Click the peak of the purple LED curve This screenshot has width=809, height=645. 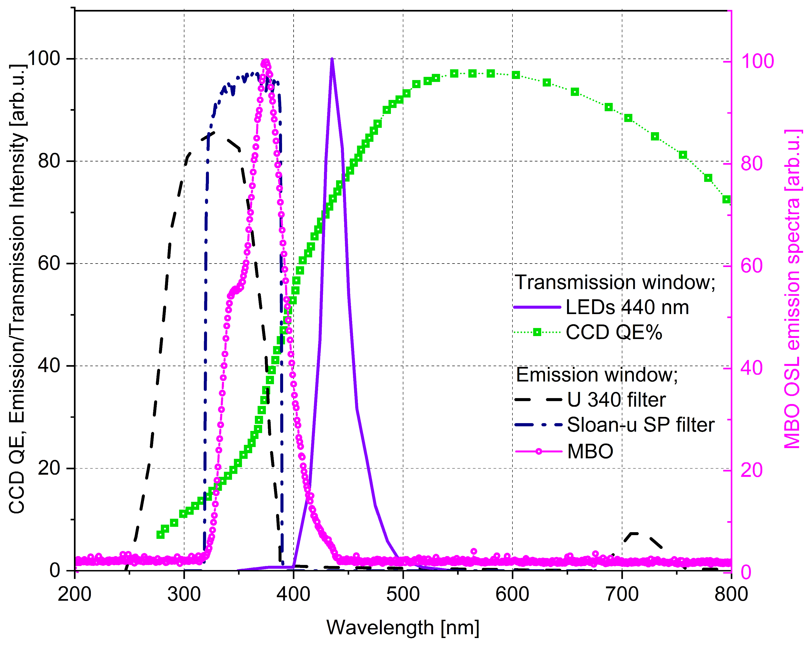[x=332, y=59]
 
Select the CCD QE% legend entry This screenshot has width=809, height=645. [x=614, y=332]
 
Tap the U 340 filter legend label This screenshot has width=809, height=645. [x=616, y=400]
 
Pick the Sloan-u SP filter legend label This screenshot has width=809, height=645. [x=640, y=425]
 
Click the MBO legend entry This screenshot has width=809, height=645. [x=590, y=451]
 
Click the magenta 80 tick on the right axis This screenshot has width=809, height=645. [x=751, y=164]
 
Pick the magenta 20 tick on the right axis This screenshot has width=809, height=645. [x=751, y=470]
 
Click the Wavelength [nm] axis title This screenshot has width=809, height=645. [x=403, y=627]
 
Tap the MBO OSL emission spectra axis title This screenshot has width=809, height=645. [x=793, y=289]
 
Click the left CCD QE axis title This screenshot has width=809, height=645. [x=17, y=289]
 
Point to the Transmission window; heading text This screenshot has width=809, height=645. [x=615, y=282]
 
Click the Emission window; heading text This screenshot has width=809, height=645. [x=597, y=375]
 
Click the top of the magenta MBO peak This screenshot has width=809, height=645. [x=266, y=62]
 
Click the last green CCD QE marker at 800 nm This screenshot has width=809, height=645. [x=726, y=200]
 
